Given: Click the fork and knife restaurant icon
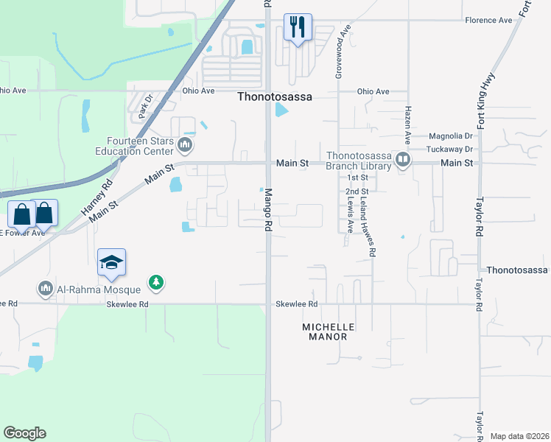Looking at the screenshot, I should (x=298, y=27).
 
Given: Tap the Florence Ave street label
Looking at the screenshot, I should (x=488, y=20).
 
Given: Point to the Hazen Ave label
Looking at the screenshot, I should (x=406, y=124).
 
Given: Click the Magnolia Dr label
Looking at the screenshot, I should (x=452, y=136).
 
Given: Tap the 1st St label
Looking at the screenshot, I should (x=357, y=178).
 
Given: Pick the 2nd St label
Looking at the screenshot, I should (x=357, y=192).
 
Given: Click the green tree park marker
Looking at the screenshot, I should (x=155, y=282).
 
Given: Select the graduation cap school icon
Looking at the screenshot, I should (x=111, y=263).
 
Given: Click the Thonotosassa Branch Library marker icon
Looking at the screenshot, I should (x=402, y=160).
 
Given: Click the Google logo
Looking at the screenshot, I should (x=24, y=433).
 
